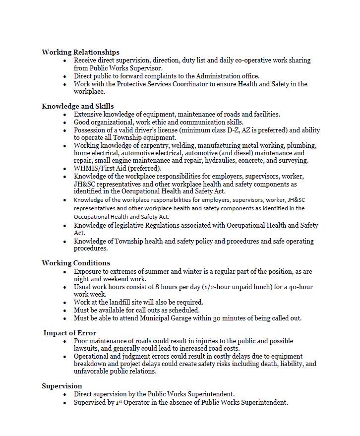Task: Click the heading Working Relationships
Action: (x=80, y=52)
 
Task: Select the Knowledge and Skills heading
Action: (x=78, y=106)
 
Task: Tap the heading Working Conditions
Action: (x=76, y=263)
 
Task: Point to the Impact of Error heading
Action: (x=70, y=333)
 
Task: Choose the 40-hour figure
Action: (x=297, y=287)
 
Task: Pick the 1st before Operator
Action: (x=118, y=403)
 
